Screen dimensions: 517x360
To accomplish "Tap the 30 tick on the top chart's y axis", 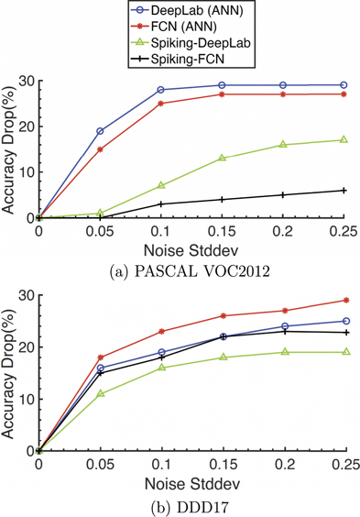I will (25, 81).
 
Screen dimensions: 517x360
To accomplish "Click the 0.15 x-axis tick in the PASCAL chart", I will (222, 232).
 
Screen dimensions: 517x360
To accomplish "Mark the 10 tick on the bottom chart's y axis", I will (25, 399).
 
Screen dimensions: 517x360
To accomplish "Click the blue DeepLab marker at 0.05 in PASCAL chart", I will (100, 131).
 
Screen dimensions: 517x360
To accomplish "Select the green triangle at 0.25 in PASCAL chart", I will (344, 139).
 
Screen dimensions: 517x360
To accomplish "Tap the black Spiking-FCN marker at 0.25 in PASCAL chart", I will (344, 190).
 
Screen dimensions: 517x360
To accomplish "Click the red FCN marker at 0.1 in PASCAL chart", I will (160, 104).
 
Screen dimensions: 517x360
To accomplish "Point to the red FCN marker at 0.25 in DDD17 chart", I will (344, 300).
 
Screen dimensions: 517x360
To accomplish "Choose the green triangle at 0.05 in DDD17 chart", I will (100, 393).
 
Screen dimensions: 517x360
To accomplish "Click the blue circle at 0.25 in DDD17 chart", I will (344, 321).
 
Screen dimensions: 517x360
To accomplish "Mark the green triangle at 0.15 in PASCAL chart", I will (222, 158).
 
